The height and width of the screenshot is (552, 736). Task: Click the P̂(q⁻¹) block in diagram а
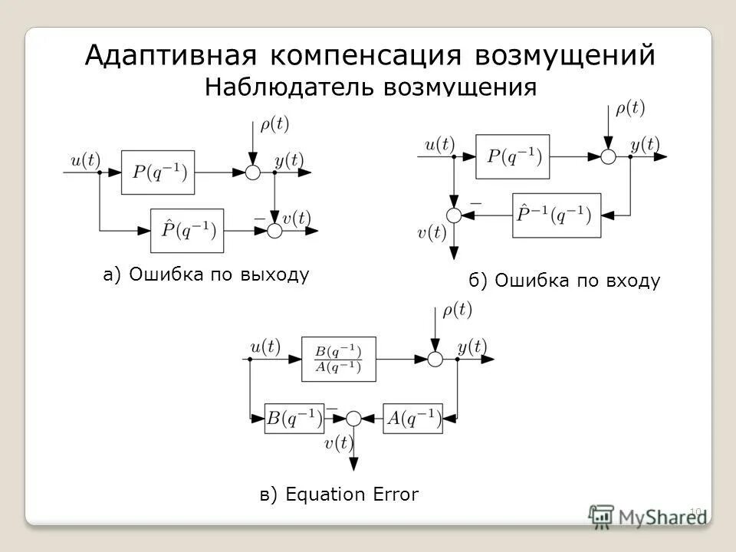point(187,230)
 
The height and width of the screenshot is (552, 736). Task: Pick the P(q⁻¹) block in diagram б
point(512,156)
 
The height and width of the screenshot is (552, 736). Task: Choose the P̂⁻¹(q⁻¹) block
point(556,215)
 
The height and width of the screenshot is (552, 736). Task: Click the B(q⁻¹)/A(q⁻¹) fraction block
point(338,359)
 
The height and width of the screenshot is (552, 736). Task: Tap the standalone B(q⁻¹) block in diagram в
point(294,418)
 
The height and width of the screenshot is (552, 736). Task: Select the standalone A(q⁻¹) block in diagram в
point(413,418)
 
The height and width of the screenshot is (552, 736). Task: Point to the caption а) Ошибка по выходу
point(206,274)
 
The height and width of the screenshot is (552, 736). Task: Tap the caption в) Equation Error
point(339,495)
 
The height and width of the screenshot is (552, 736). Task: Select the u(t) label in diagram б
point(440,143)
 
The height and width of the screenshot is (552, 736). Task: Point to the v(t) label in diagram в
point(338,442)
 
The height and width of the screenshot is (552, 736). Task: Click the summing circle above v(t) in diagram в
point(353,418)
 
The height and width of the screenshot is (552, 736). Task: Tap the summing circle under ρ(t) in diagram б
point(608,156)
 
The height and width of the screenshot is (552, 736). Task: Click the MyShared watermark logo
point(648,515)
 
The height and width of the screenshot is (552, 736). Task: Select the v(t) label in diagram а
point(297,218)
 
